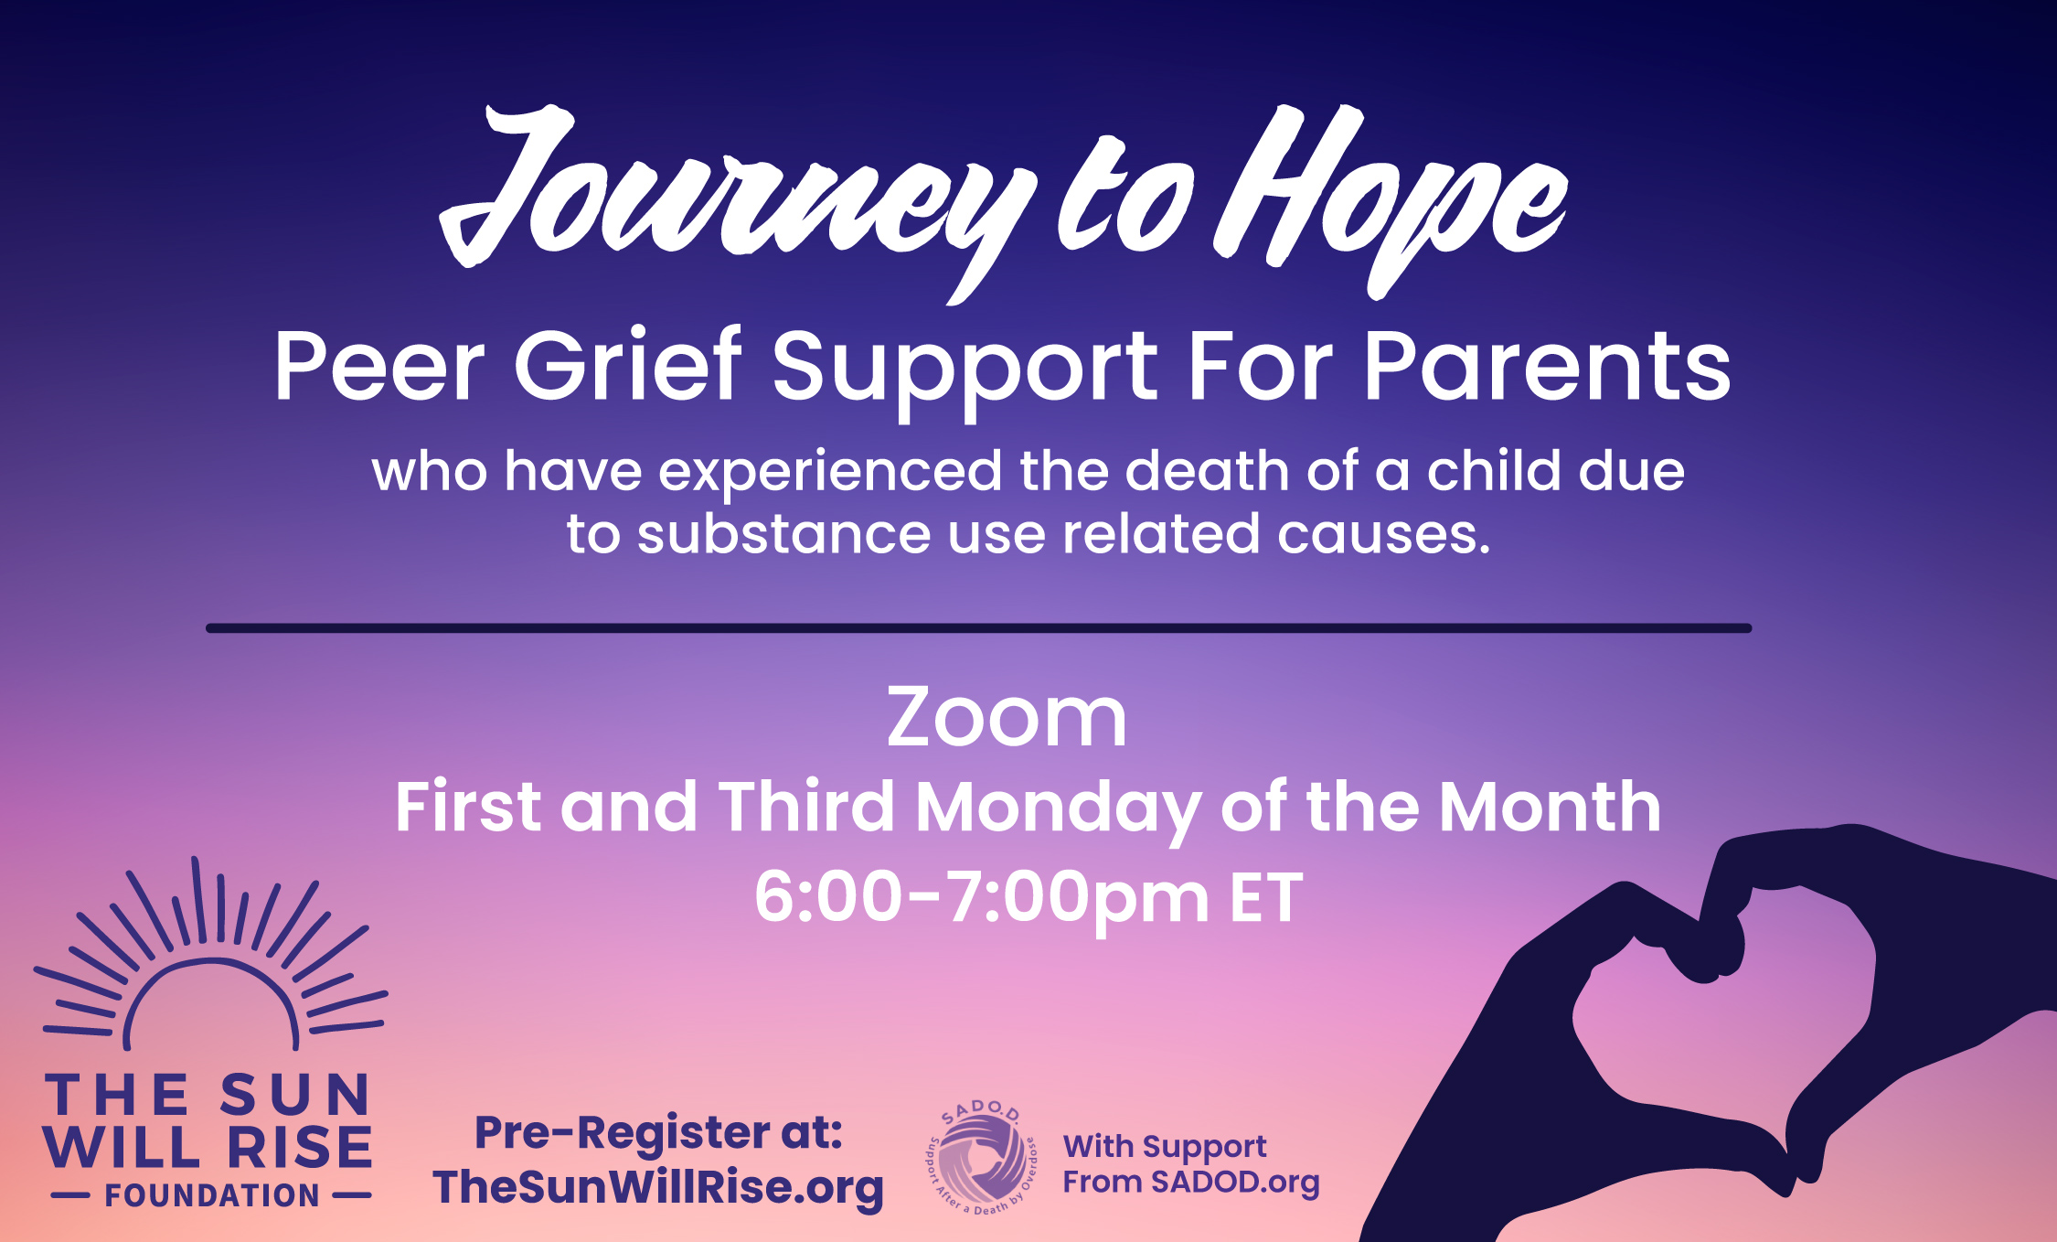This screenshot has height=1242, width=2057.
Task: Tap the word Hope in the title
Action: pyautogui.click(x=1390, y=197)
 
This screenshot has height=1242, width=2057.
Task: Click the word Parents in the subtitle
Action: pyautogui.click(x=1547, y=366)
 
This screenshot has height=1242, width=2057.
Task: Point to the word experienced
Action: pyautogui.click(x=830, y=472)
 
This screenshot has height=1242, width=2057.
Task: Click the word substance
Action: pyautogui.click(x=783, y=533)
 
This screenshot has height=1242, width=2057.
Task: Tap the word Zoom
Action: pyautogui.click(x=1007, y=718)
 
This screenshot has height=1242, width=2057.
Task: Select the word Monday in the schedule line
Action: pyautogui.click(x=1058, y=808)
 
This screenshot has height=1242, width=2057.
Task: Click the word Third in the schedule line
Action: pyautogui.click(x=806, y=806)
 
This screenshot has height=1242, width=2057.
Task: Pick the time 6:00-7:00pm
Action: pyautogui.click(x=982, y=899)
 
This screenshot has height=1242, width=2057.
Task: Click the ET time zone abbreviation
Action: pyautogui.click(x=1266, y=898)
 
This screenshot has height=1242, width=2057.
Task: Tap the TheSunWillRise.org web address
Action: pyautogui.click(x=658, y=1188)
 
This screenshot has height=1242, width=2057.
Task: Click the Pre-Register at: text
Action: pyautogui.click(x=658, y=1133)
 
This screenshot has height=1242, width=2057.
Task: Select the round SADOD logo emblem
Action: pyautogui.click(x=981, y=1158)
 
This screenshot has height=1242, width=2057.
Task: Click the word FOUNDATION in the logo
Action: pyautogui.click(x=212, y=1195)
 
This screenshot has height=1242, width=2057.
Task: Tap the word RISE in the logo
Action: pyautogui.click(x=299, y=1148)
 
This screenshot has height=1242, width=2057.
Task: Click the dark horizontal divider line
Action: pyautogui.click(x=978, y=628)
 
